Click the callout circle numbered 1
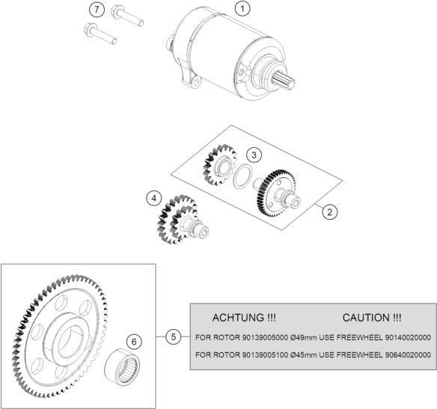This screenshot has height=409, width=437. click(242, 9)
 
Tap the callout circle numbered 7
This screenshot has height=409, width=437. click(97, 10)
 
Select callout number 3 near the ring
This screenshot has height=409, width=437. click(254, 155)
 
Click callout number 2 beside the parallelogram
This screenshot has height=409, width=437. click(330, 212)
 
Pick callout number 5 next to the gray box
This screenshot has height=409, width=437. click(174, 337)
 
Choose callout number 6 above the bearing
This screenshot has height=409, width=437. click(134, 342)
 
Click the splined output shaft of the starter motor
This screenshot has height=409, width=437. click(285, 81)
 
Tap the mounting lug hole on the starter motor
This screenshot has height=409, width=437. click(197, 82)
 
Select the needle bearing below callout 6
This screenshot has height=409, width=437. click(123, 367)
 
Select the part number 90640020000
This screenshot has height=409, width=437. click(408, 355)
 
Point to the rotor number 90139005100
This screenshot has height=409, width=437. click(265, 355)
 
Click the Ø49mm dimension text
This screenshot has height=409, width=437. click(304, 338)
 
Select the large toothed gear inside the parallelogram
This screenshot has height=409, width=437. click(276, 193)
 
